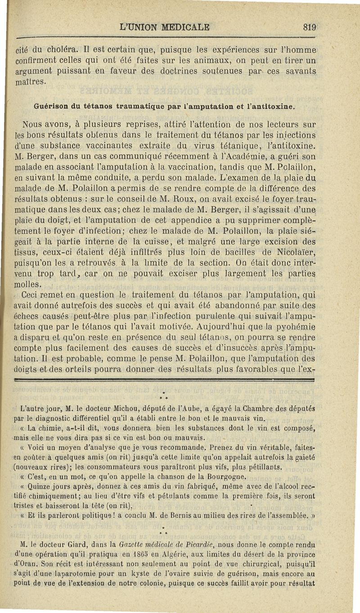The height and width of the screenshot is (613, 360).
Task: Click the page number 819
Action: pyautogui.click(x=310, y=27)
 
